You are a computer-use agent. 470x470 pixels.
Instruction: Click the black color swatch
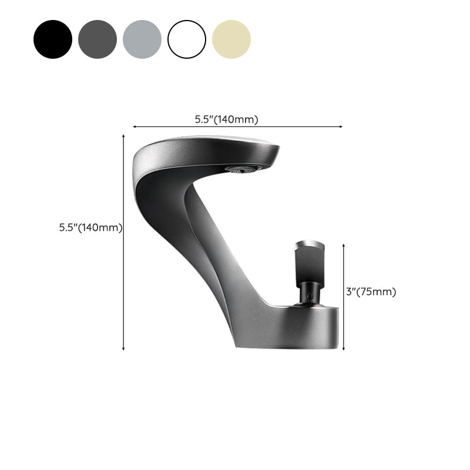pos(53,39)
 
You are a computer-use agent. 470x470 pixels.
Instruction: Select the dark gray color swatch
pos(98,39)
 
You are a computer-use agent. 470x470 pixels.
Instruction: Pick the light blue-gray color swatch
pos(142,39)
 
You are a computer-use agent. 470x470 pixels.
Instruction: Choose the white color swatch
pos(187,39)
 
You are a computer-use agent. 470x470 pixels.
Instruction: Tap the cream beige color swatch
pos(231,39)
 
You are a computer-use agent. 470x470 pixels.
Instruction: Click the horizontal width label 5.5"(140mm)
pos(227,119)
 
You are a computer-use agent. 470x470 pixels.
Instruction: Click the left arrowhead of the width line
pos(135,126)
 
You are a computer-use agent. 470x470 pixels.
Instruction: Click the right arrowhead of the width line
pos(341,126)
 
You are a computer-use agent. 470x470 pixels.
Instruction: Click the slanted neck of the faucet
pos(211,247)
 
